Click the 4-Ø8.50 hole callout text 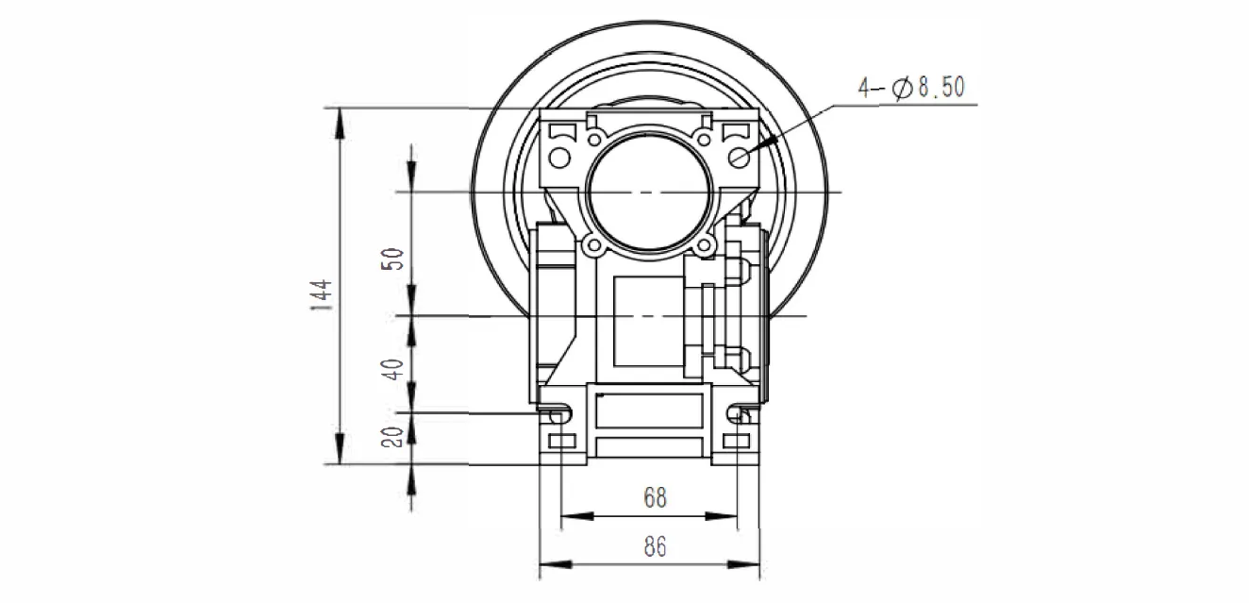tap(910, 88)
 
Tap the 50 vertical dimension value tap(396, 259)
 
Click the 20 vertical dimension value tap(396, 436)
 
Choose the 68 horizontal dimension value tap(654, 497)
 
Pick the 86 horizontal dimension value tap(654, 546)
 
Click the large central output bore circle tap(647, 193)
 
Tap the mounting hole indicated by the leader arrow tap(738, 154)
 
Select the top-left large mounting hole tap(558, 155)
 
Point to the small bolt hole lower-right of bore tap(704, 247)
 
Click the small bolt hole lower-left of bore tap(593, 247)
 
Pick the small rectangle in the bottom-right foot tap(736, 442)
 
